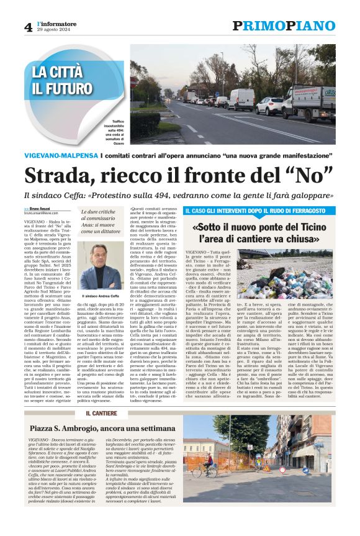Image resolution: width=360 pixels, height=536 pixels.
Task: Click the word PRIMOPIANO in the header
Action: [284, 26]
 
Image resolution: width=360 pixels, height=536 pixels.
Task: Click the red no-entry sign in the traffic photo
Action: [134, 81]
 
